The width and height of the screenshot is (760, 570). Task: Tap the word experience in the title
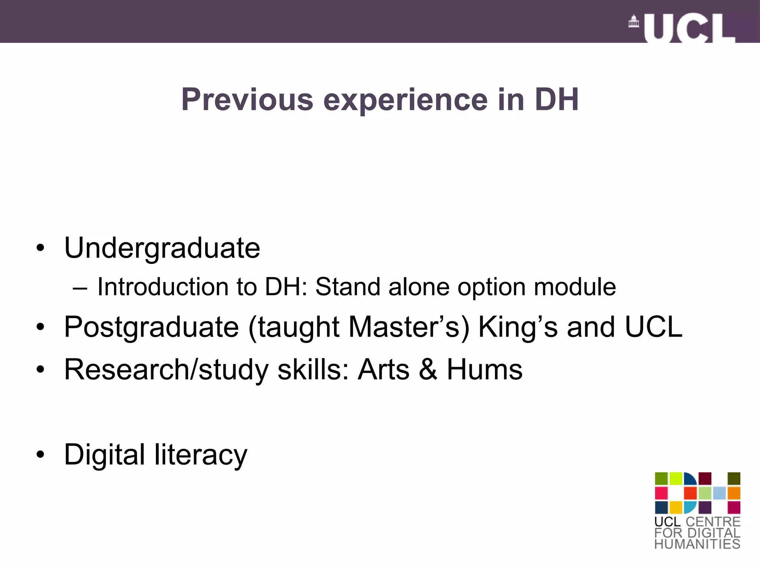coord(405,100)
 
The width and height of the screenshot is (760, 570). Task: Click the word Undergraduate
coord(162,248)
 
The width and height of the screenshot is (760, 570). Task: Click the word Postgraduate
coord(151,327)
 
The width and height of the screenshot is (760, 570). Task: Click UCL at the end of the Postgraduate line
coord(653,327)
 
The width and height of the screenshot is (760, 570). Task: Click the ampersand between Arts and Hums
coord(428,370)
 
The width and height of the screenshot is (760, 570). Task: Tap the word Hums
coord(484,370)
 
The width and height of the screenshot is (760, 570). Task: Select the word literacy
coord(201,455)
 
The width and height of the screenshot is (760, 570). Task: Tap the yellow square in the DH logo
coord(676,507)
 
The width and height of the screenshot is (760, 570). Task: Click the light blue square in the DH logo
coord(719,493)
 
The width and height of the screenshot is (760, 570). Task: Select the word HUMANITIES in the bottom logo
coord(697,544)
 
